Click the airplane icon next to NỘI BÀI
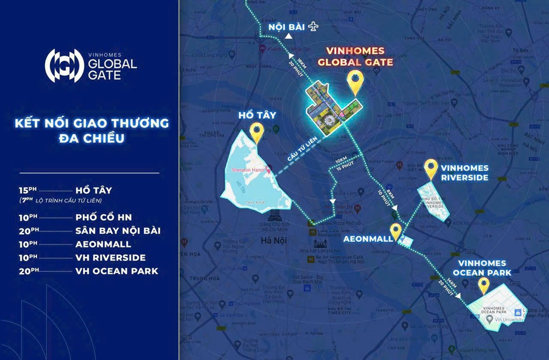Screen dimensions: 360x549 (x=313, y=26)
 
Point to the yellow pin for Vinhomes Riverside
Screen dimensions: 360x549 (x=432, y=168)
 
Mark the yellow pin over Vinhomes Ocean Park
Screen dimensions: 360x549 (x=484, y=286)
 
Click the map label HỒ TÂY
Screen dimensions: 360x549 (x=256, y=115)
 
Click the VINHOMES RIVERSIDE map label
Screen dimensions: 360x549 (x=464, y=174)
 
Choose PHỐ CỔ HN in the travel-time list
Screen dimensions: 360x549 (x=104, y=217)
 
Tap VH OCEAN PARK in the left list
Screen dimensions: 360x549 (x=117, y=271)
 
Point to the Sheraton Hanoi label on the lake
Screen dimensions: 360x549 (x=245, y=170)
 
